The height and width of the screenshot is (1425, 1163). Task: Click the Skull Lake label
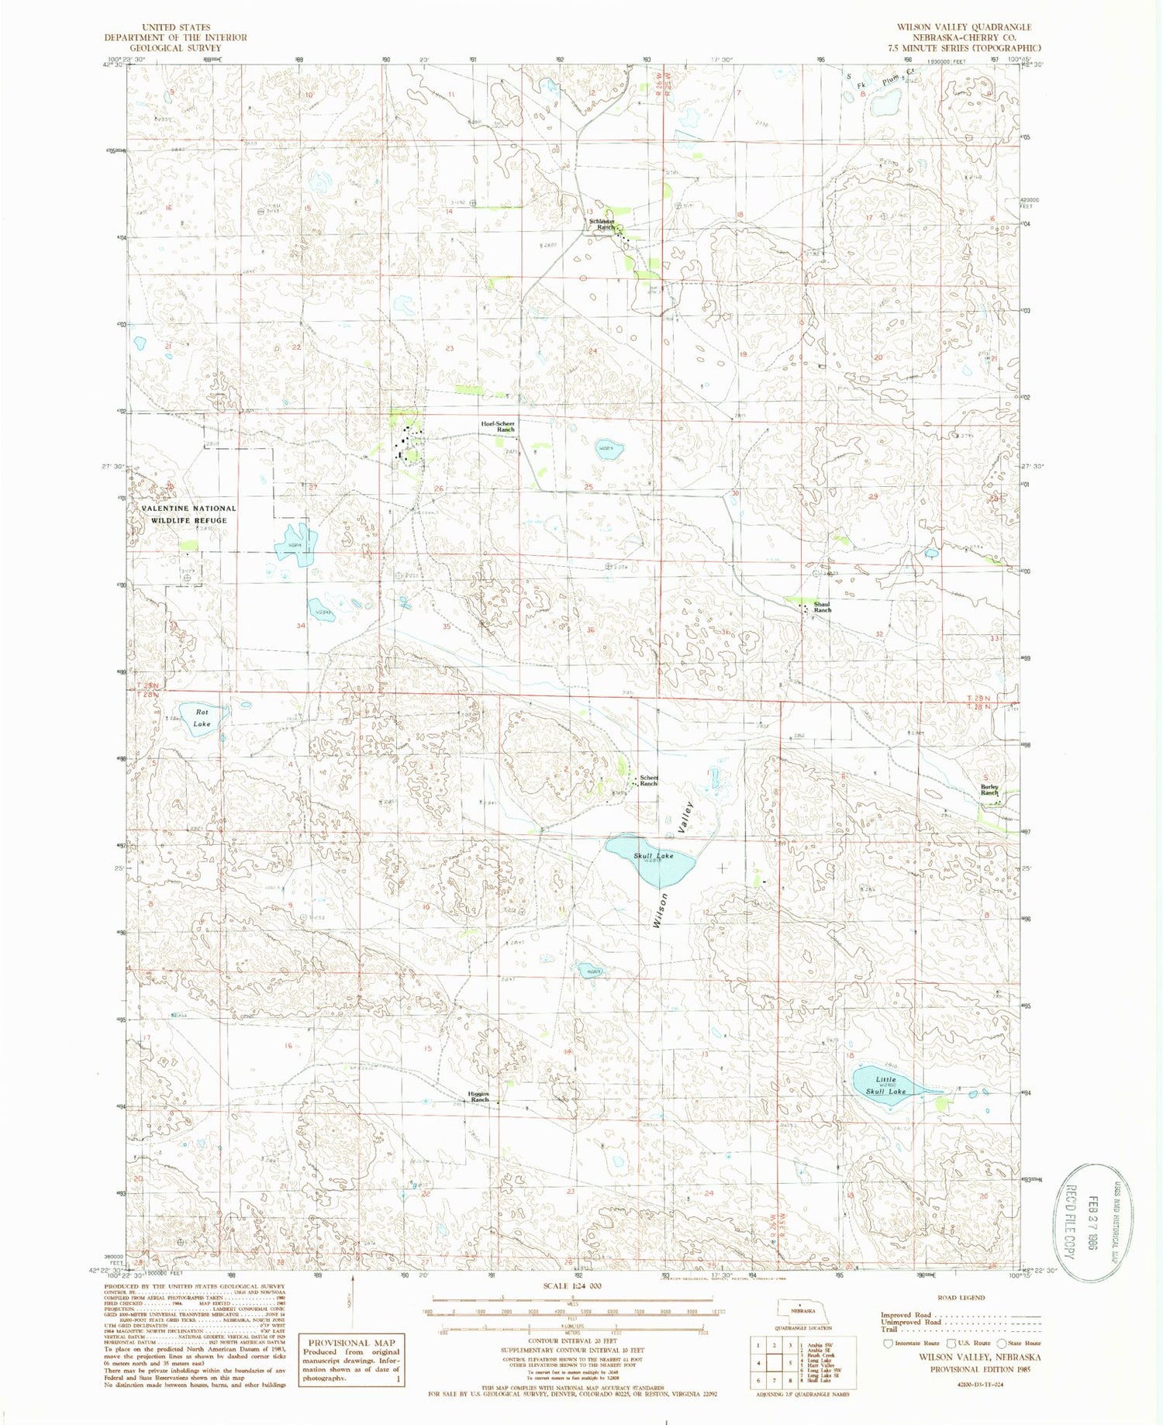[654, 856]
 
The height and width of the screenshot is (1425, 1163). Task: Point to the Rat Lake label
[202, 718]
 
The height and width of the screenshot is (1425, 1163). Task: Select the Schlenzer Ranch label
[602, 224]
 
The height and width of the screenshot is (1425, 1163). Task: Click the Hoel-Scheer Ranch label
[498, 426]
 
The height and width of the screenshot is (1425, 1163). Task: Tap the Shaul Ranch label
[822, 607]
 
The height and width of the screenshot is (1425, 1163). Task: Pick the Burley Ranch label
[989, 790]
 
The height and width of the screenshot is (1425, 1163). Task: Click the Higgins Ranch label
[479, 1097]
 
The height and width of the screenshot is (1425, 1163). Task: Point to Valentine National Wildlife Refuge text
[189, 514]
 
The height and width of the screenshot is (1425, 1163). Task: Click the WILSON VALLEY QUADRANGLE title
[964, 26]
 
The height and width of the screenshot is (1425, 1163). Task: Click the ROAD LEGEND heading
[961, 1297]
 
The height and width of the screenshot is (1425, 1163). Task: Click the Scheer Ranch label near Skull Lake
[648, 781]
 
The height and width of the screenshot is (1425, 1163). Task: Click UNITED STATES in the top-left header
[176, 27]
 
